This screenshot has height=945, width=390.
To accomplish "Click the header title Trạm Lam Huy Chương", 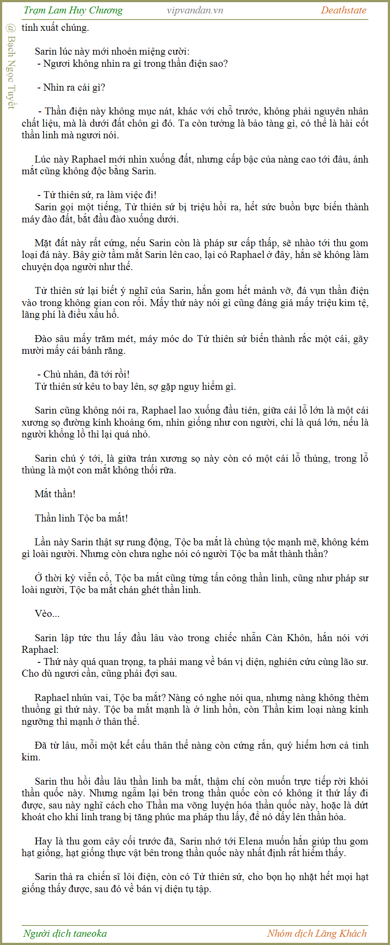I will pos(73,10).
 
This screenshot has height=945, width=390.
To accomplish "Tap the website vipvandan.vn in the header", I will pos(195,10).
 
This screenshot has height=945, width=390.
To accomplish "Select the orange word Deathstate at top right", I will pos(343,10).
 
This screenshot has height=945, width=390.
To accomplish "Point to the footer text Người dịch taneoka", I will pos(65,933).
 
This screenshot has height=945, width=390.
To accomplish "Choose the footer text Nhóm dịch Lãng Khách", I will pos(317,933).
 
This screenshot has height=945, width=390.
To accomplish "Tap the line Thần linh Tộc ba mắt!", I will pos(81,518).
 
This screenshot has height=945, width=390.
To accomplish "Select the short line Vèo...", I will pos(47,613).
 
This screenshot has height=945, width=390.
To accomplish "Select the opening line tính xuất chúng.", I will pos(55,27).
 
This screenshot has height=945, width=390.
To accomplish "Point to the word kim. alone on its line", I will pos(31,757).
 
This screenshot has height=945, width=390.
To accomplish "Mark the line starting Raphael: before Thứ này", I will pos(40,649).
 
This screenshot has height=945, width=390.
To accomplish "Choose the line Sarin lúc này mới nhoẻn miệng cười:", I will pos(112,51).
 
